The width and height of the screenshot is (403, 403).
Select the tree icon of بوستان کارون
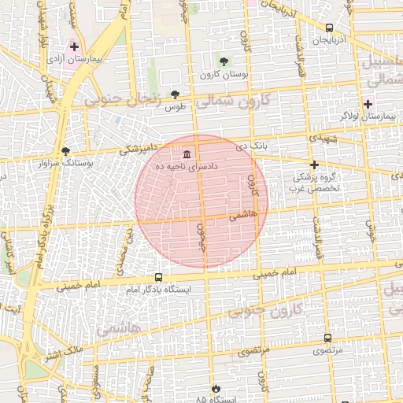(x=224, y=61)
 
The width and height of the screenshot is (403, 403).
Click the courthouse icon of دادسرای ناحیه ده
(x=187, y=153)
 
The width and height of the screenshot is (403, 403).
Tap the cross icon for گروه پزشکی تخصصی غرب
(x=314, y=165)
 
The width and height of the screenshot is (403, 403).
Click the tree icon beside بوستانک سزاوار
(x=65, y=150)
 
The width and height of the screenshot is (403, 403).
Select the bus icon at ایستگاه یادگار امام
(x=159, y=277)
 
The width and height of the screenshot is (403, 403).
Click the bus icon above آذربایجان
(x=329, y=28)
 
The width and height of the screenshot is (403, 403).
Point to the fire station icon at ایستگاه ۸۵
(x=216, y=389)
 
